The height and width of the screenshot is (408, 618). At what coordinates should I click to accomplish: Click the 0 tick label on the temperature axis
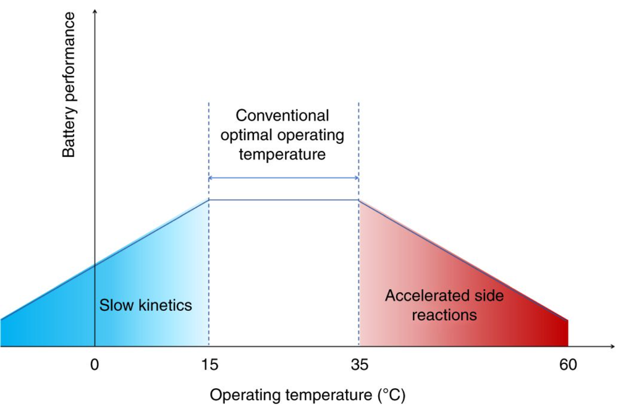click(95, 365)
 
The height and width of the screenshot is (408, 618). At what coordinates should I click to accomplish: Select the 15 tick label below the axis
click(210, 365)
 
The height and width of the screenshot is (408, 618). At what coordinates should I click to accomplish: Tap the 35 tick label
click(360, 365)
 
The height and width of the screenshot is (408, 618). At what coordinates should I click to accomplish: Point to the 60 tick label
click(568, 365)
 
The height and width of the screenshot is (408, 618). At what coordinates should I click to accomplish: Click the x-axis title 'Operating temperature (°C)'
click(307, 395)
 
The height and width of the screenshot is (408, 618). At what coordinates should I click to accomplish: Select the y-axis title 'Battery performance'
click(69, 85)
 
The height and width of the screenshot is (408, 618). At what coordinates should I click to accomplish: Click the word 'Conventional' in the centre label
click(282, 116)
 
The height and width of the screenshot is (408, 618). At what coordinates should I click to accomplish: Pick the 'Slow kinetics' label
click(145, 305)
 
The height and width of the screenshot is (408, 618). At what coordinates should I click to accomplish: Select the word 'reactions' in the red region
click(444, 315)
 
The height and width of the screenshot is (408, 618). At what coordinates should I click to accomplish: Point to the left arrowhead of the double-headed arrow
click(211, 178)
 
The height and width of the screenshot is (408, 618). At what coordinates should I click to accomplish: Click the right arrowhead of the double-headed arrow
click(357, 178)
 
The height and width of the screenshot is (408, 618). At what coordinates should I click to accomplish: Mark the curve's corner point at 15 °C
click(209, 200)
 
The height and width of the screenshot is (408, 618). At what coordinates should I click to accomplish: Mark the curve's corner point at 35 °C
click(358, 200)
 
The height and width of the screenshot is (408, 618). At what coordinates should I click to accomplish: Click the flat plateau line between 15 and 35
click(284, 200)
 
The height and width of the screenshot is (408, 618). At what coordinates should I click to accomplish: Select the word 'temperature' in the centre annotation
click(282, 154)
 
